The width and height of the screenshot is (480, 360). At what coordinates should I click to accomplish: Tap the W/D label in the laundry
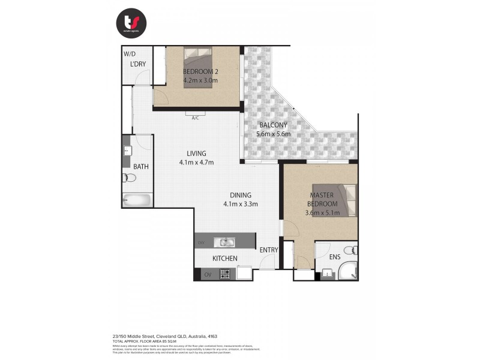[129, 52]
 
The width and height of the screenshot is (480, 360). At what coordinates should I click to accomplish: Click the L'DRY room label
[138, 64]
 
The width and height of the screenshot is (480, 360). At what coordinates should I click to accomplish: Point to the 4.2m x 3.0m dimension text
[200, 80]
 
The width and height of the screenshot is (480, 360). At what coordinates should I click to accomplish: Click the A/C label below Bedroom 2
[195, 118]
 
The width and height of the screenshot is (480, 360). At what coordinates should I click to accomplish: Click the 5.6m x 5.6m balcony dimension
[273, 134]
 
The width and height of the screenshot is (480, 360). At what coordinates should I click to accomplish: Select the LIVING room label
[196, 153]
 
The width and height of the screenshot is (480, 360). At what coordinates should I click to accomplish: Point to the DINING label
[240, 195]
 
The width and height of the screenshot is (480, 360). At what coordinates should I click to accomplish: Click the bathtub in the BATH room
[137, 200]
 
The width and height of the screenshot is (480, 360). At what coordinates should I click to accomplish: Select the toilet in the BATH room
[128, 178]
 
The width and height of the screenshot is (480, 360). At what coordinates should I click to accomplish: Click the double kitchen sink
[227, 242]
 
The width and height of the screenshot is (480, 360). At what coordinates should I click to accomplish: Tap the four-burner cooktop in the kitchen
[225, 274]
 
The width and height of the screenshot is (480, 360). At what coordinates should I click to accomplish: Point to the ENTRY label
[268, 250]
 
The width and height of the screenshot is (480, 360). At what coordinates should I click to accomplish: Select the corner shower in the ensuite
[347, 271]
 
